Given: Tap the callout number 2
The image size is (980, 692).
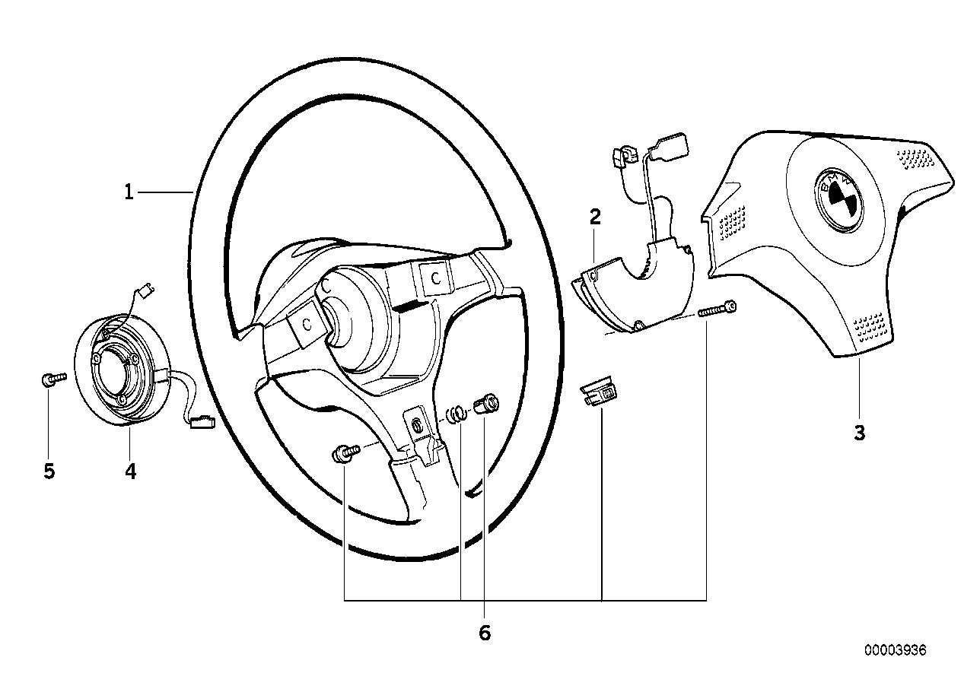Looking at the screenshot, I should (x=595, y=217).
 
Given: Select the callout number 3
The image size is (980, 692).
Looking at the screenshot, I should (x=859, y=433).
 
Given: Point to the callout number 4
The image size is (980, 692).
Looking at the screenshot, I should (x=130, y=472).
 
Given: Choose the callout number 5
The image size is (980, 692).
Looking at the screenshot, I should (x=49, y=472).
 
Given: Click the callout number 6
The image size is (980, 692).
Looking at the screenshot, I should (x=485, y=633).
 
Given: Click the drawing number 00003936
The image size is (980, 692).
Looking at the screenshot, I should (x=895, y=650).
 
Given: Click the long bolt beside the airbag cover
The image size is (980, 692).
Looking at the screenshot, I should (x=719, y=309).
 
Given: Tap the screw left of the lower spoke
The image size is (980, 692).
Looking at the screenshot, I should (x=344, y=456).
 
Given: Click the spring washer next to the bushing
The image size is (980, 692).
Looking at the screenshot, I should (x=457, y=414).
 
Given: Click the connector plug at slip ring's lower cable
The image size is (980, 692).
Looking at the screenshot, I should (x=203, y=420).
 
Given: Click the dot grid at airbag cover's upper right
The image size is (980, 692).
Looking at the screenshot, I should (x=914, y=157).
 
